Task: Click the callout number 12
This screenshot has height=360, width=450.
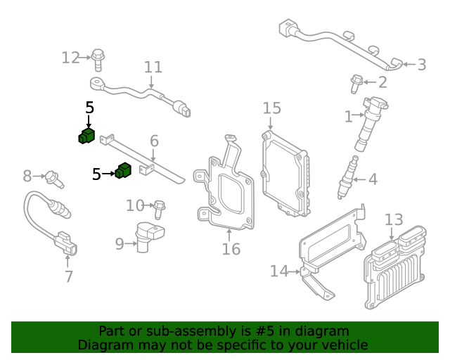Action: point(71,58)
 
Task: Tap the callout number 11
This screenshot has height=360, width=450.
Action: point(153,67)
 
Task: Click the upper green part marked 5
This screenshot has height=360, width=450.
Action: point(86,136)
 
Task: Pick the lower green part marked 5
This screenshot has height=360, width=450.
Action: point(124,171)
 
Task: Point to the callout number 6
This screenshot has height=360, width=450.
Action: point(155,141)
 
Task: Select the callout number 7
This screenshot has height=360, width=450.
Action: point(68,276)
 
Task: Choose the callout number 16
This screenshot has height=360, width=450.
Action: point(231,249)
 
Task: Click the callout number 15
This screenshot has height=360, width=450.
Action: point(272,108)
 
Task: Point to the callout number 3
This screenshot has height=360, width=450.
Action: point(421,65)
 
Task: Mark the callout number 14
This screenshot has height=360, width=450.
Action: point(279,271)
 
